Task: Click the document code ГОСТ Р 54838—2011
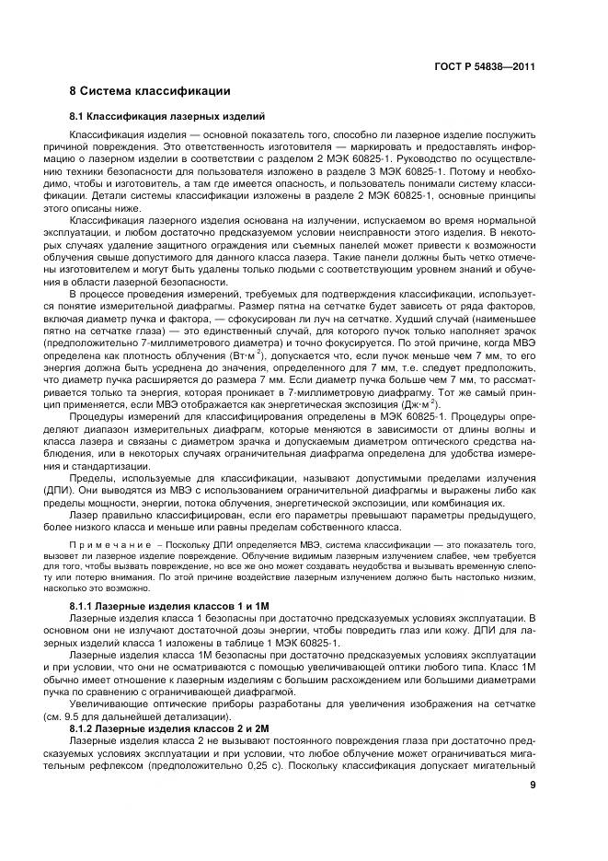[x=484, y=67]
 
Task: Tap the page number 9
[x=532, y=785]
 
